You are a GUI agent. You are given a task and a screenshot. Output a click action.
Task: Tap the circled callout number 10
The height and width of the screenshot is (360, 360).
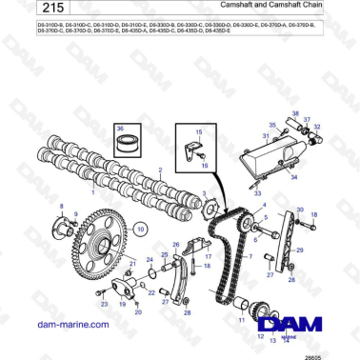[x=140, y=229]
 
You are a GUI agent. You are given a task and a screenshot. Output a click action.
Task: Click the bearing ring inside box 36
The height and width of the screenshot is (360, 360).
[x=123, y=146]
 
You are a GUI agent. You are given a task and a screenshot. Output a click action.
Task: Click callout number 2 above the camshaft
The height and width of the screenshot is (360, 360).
[x=160, y=170]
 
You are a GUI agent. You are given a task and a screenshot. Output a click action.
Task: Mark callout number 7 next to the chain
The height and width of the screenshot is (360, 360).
[x=250, y=256]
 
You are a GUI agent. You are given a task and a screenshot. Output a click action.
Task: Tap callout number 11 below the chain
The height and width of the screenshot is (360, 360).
[x=241, y=334]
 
